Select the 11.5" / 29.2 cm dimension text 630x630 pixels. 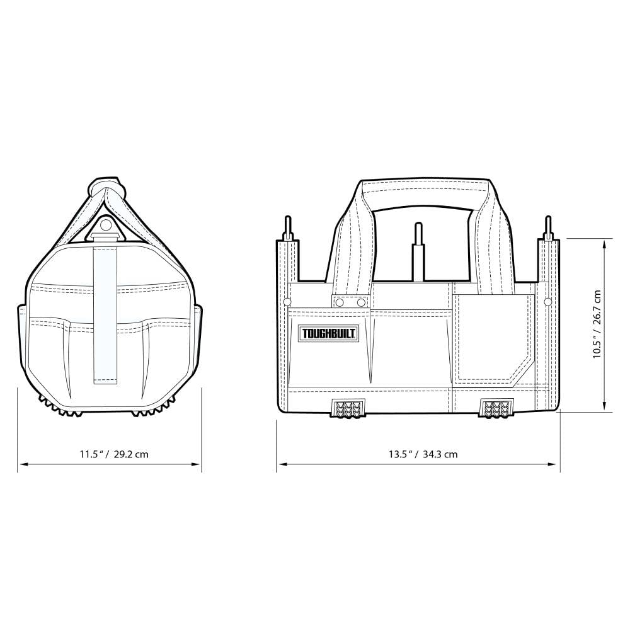[x=113, y=454]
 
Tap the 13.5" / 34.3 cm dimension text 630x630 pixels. [x=423, y=454]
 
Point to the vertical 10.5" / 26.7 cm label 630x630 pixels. [x=597, y=324]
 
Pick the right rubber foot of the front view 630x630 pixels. [x=497, y=408]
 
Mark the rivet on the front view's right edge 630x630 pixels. [x=547, y=302]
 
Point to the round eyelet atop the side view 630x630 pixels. [x=106, y=224]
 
